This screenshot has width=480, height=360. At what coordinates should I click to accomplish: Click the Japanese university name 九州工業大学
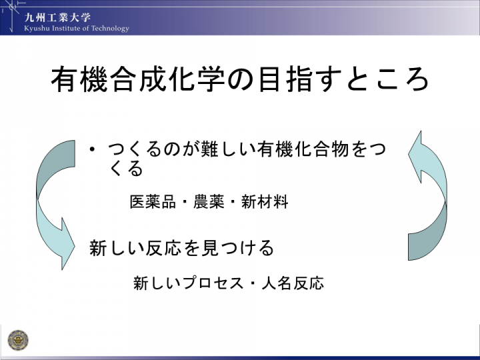(57, 17)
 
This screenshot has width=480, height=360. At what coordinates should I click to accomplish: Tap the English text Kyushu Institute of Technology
(77, 29)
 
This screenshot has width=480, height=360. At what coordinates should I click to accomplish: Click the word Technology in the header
(110, 29)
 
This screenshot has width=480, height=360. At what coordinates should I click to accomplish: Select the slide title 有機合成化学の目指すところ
(240, 79)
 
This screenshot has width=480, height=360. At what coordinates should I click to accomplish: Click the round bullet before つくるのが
(91, 149)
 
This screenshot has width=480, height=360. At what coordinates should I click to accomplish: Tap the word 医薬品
(153, 202)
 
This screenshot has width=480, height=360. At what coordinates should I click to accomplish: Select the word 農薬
(209, 202)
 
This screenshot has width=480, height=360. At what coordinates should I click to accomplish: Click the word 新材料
(265, 202)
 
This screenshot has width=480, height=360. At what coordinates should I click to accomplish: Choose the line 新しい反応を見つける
(181, 247)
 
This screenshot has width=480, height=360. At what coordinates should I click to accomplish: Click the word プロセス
(214, 283)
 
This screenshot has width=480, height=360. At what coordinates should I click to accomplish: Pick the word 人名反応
(293, 283)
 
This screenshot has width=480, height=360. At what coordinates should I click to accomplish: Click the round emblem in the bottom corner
(18, 340)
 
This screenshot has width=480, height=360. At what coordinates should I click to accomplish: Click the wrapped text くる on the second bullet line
(126, 169)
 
